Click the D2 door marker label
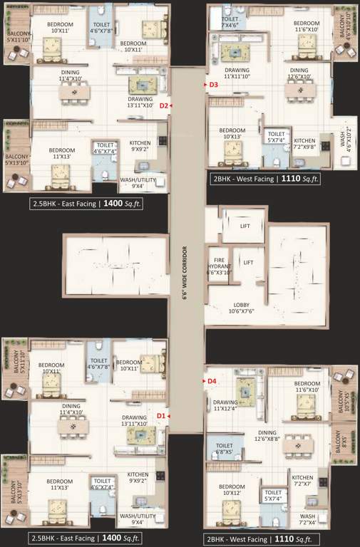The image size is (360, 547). (163, 105)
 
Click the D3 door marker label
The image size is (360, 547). (212, 85)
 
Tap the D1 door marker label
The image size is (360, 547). (161, 415)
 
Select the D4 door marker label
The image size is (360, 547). (212, 381)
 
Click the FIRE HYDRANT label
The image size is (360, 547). (219, 265)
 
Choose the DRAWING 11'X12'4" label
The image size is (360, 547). (226, 405)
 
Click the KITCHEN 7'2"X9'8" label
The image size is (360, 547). (304, 144)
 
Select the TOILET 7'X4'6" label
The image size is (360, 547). (230, 22)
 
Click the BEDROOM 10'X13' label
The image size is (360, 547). (232, 134)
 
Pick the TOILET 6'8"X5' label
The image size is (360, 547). (223, 449)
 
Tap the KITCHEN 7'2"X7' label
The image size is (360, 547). (302, 481)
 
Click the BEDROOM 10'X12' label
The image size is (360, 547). (232, 491)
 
